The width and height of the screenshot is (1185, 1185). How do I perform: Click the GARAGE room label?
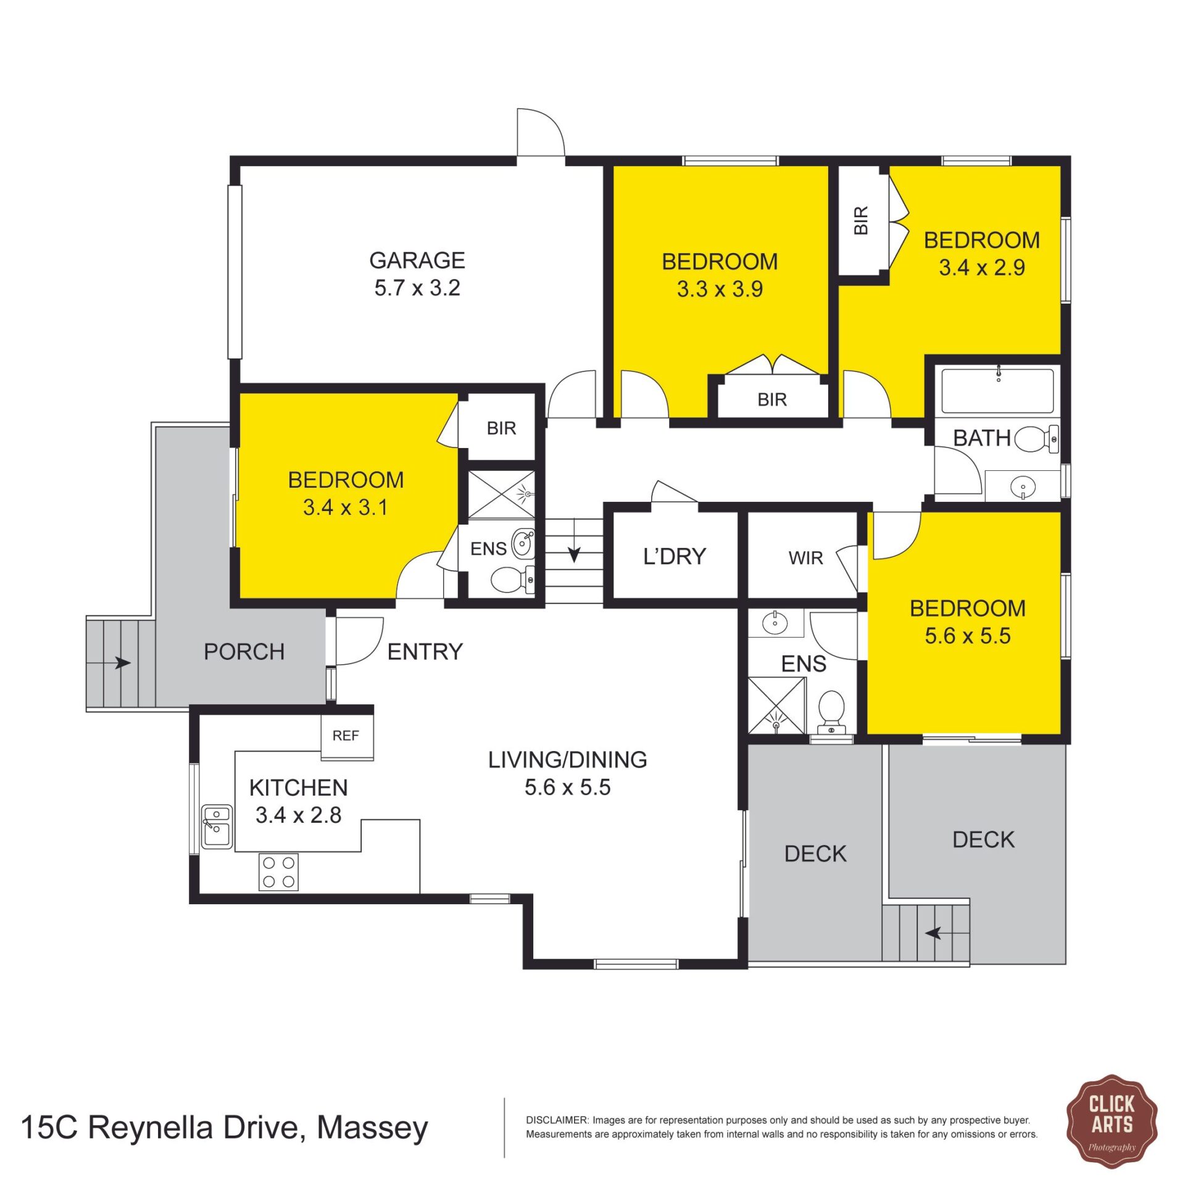(x=417, y=260)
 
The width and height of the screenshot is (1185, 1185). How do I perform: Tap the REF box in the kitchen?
(x=347, y=736)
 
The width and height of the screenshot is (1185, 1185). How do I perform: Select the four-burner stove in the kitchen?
(x=278, y=871)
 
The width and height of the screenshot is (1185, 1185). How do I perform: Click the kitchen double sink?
(x=217, y=826)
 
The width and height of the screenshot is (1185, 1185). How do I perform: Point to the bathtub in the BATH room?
(x=997, y=391)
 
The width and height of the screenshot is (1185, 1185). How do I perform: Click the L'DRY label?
(x=675, y=557)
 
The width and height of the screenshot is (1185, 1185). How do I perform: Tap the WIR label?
(x=805, y=558)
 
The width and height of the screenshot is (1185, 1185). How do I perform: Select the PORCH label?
(x=244, y=652)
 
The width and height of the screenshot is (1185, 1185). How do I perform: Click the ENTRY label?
(x=425, y=652)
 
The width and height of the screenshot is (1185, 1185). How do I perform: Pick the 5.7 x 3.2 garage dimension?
(x=417, y=288)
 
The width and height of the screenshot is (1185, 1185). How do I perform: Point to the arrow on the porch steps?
(x=122, y=663)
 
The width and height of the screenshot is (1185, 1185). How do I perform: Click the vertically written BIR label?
(x=861, y=220)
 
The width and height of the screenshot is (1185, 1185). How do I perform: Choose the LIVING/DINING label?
(x=568, y=760)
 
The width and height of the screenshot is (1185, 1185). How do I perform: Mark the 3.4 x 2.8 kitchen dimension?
(x=299, y=815)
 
